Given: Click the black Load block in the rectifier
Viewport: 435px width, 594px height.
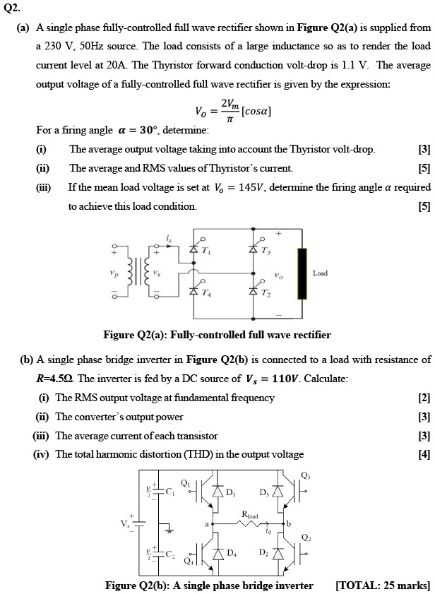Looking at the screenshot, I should click(x=304, y=273).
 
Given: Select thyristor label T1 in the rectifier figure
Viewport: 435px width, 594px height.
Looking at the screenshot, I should click(x=206, y=251).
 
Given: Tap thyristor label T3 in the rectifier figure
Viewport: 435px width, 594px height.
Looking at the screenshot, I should click(x=264, y=251).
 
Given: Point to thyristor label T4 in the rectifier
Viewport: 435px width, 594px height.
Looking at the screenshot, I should click(x=206, y=293).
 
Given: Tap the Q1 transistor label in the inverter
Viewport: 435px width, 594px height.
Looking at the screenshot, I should click(x=185, y=483).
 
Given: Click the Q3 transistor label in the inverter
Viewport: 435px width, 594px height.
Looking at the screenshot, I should click(x=305, y=475).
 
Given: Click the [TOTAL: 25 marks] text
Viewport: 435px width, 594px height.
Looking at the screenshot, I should click(x=383, y=586).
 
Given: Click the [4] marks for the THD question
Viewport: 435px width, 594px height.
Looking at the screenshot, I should click(x=424, y=454).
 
